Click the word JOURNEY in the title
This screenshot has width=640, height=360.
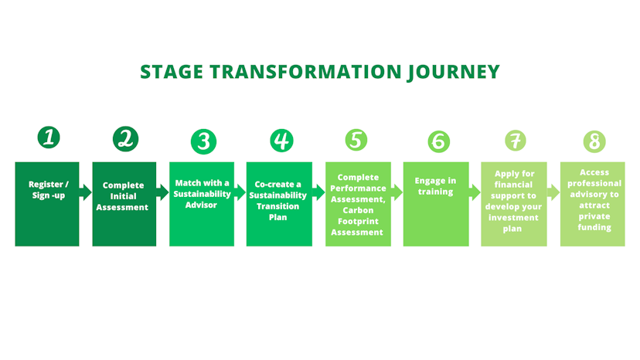coord(453,72)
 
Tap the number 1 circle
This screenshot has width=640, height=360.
coord(49,138)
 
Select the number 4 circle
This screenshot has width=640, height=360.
coord(282,141)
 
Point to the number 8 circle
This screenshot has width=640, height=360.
coord(594,141)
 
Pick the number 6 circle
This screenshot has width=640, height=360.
coord(438,141)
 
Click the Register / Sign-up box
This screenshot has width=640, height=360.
coord(47,204)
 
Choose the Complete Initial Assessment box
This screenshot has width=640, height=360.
coord(124,204)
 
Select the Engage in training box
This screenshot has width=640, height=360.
coord(436,204)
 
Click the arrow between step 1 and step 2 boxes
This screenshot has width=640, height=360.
coord(86,192)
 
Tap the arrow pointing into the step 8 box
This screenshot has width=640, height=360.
coord(553,192)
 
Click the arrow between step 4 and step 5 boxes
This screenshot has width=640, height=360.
coord(318,192)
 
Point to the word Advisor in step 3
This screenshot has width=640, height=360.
coord(201,205)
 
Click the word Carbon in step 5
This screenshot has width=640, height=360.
coord(358,210)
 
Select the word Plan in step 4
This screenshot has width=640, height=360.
coord(278,217)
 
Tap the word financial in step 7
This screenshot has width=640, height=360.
coord(514,185)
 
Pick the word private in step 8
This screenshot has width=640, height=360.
coord(594,216)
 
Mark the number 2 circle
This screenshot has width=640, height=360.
coord(125,139)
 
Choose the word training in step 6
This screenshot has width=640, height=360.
coord(435,191)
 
